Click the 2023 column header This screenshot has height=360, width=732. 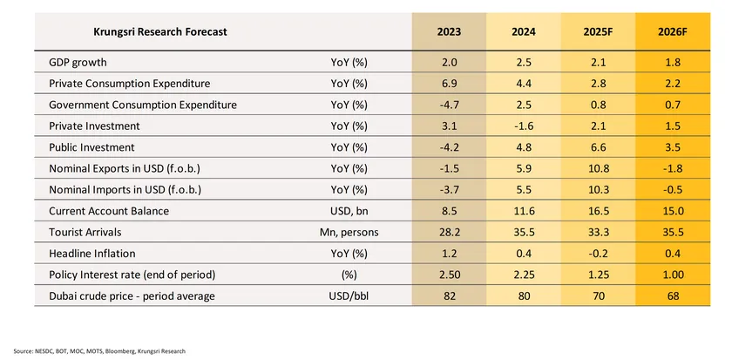pyautogui.click(x=450, y=32)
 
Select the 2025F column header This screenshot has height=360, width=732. pyautogui.click(x=598, y=32)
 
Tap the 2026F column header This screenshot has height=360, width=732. pyautogui.click(x=674, y=32)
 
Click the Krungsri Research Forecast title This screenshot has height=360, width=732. pyautogui.click(x=159, y=31)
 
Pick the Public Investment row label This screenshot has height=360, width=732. pyautogui.click(x=91, y=147)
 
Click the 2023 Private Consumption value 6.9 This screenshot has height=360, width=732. pyautogui.click(x=450, y=84)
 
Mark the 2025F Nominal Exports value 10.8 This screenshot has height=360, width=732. pyautogui.click(x=598, y=168)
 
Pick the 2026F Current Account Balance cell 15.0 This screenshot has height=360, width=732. pyautogui.click(x=674, y=211)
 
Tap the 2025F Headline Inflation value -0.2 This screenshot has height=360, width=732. pyautogui.click(x=598, y=253)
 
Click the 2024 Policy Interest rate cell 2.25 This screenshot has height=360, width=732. pyautogui.click(x=524, y=275)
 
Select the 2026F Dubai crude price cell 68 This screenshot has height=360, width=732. pyautogui.click(x=674, y=295)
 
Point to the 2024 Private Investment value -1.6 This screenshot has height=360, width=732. pyautogui.click(x=524, y=126)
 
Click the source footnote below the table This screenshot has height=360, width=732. pyautogui.click(x=99, y=351)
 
